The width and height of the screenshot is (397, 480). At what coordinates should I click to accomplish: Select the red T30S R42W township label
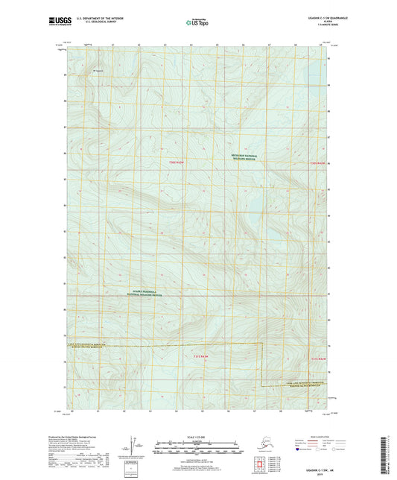click(318, 162)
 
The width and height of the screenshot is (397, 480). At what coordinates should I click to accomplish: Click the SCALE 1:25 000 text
click(197, 436)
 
